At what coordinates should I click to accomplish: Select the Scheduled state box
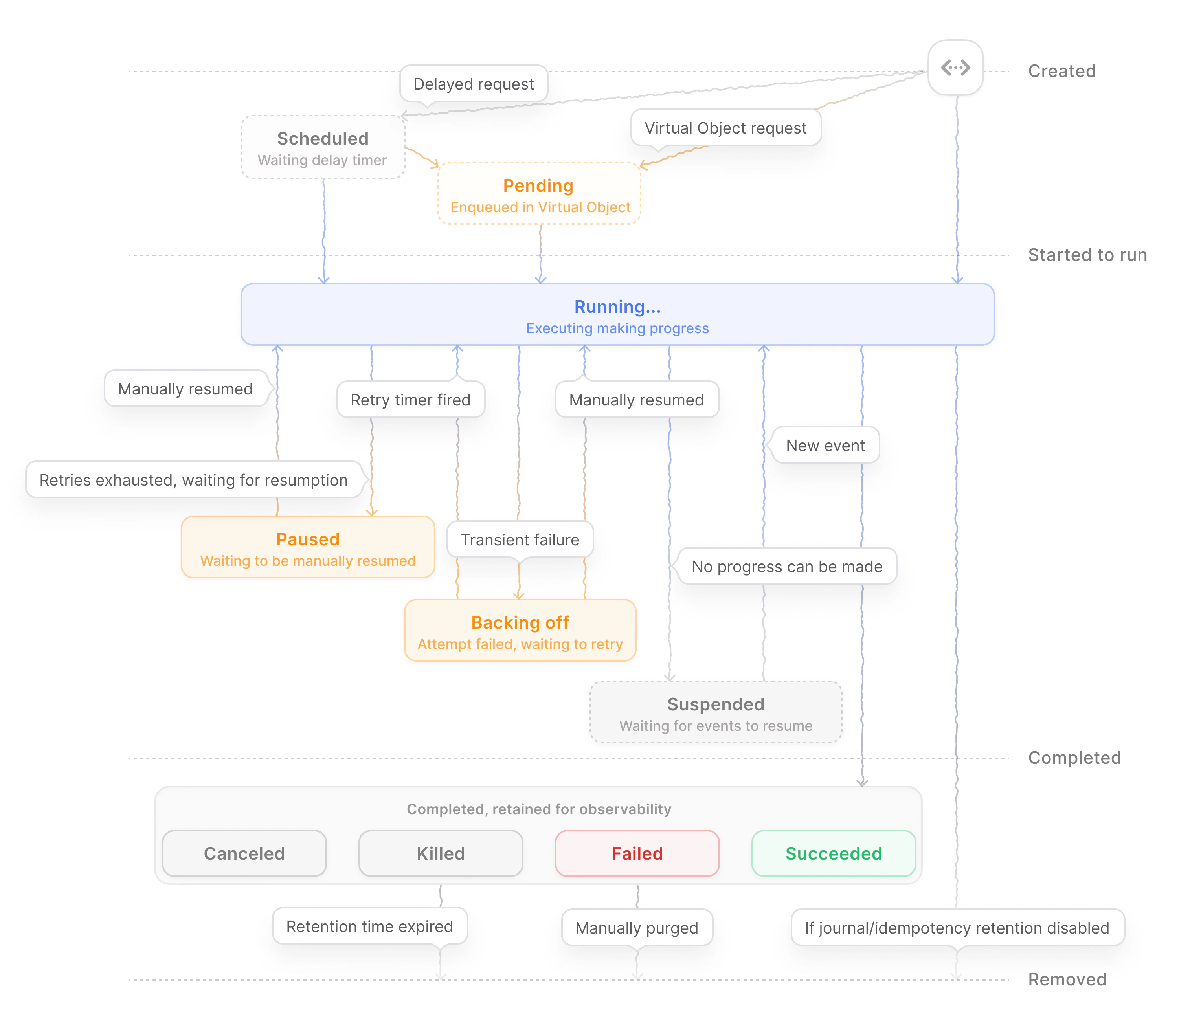click(x=322, y=147)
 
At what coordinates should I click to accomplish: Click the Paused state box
click(x=307, y=548)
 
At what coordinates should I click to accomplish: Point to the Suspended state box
click(x=715, y=713)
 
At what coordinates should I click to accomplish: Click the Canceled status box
click(x=244, y=853)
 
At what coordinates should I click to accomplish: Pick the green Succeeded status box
click(x=833, y=853)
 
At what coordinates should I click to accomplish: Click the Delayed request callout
click(x=473, y=84)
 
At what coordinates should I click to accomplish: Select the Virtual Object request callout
click(x=725, y=128)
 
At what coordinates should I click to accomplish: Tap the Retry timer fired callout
click(x=410, y=400)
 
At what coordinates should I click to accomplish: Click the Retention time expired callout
click(x=369, y=926)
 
